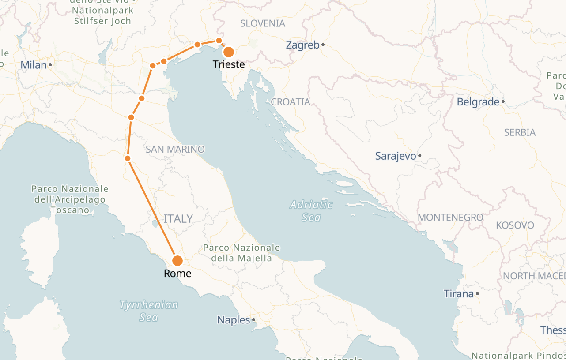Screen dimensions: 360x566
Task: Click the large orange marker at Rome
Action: (177, 261)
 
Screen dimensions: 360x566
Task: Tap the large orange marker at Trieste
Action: (229, 52)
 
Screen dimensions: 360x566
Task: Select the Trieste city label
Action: (229, 64)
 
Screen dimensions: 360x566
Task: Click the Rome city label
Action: (177, 274)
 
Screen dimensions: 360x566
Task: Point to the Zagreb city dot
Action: (323, 45)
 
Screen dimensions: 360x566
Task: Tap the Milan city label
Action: (34, 65)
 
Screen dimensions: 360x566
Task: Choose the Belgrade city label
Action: (478, 102)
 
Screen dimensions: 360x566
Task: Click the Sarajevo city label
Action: (396, 156)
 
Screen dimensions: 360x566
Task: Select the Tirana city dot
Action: (478, 293)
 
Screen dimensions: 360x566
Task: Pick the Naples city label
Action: (234, 320)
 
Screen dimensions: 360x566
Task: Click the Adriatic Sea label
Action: (312, 210)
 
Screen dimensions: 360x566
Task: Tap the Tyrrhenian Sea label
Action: (149, 311)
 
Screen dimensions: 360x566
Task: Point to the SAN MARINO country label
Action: (175, 149)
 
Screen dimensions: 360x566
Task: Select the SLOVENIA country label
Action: (263, 23)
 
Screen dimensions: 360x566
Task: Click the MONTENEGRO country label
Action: (450, 217)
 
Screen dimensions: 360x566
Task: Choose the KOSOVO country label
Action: (515, 225)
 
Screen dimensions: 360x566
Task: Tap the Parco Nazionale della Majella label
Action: (241, 253)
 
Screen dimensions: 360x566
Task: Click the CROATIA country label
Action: (291, 102)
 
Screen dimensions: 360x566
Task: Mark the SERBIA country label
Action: (520, 132)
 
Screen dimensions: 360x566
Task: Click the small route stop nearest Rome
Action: (128, 158)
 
